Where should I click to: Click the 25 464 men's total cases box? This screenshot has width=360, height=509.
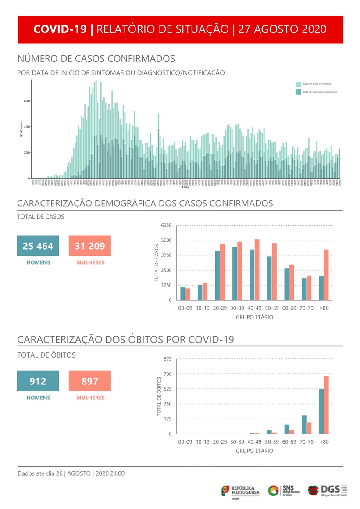pos(38,246)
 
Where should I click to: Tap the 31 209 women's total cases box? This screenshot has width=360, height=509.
pos(90,246)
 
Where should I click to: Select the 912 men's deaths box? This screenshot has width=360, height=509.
pos(38,381)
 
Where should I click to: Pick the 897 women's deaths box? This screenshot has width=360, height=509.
pos(90,381)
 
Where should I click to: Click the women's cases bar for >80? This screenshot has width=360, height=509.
pos(326,275)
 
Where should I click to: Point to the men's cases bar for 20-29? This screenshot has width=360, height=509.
pos(217,276)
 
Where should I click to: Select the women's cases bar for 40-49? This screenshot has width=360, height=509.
pos(257,270)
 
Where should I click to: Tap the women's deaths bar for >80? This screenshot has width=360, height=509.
pos(326,405)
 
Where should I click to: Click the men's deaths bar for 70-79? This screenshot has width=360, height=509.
pos(304,424)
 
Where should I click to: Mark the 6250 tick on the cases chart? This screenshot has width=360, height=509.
pos(167,225)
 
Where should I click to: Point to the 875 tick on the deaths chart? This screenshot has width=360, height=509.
pos(168,359)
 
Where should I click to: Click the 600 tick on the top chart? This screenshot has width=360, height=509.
pos(26,101)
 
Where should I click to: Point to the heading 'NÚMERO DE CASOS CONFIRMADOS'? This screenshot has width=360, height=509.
pos(96,59)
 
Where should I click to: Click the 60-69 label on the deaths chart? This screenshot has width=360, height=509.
pos(289,442)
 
